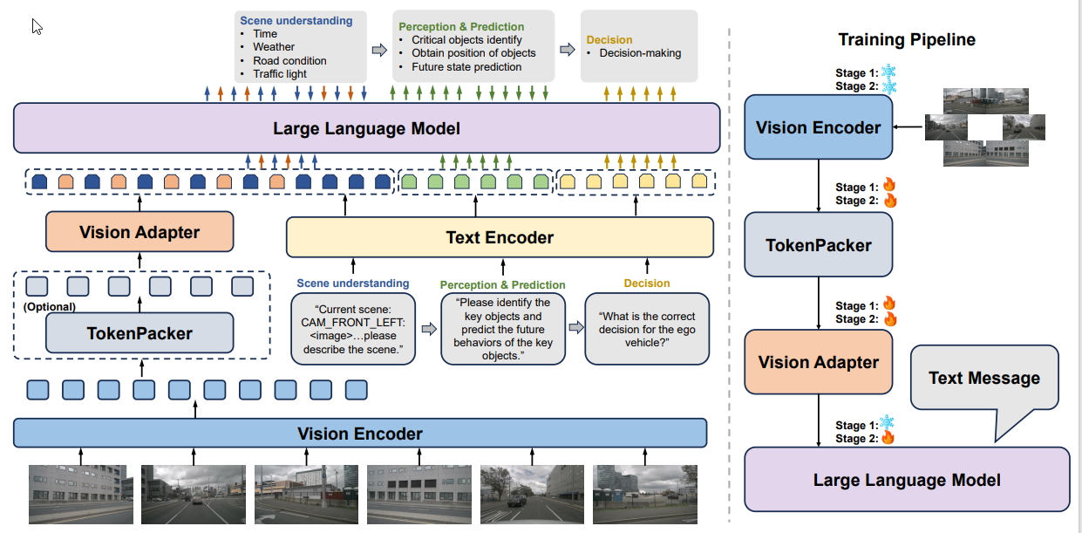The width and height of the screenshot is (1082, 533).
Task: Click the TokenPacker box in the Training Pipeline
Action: point(818,245)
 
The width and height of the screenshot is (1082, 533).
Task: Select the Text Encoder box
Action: point(500,237)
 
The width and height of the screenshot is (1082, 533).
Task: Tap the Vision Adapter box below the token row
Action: point(140,232)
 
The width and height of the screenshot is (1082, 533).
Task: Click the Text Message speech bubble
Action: point(983,378)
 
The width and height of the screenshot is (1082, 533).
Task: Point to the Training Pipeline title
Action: point(907,39)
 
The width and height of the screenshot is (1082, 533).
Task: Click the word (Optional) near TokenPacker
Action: point(49,307)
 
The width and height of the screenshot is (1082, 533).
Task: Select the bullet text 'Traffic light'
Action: point(280,74)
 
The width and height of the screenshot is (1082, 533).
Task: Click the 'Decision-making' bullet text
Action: point(640,53)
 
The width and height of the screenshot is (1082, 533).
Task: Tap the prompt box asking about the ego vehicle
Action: point(647,330)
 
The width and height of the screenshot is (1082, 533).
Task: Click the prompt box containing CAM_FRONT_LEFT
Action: point(353,329)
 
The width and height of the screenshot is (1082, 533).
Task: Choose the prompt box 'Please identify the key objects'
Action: point(501,329)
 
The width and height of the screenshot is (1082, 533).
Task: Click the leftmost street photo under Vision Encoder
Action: point(80,494)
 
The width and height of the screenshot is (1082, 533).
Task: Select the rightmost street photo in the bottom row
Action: point(645,494)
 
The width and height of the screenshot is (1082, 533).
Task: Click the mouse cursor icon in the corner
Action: point(37,27)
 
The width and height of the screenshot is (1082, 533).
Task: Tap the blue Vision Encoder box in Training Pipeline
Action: point(818,127)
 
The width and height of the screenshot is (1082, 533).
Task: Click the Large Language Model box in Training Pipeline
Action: point(907,480)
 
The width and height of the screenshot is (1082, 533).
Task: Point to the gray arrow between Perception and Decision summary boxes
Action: point(567,50)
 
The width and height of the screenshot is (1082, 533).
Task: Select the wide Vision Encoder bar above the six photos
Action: point(359,434)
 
